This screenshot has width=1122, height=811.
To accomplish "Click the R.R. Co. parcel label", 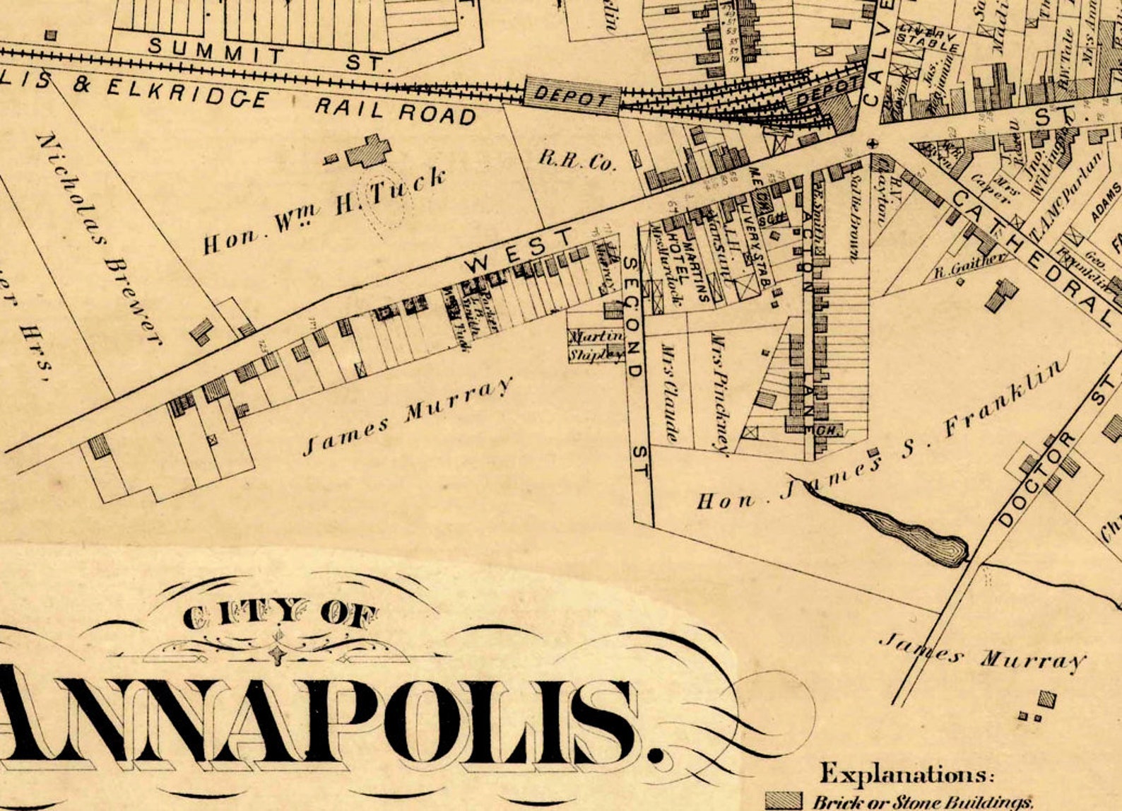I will point(577,160).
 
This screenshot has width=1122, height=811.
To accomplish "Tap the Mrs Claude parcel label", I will point(669,392).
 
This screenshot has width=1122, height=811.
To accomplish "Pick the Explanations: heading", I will point(907,774).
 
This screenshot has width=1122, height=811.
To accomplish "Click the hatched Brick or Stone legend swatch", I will point(784,801).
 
